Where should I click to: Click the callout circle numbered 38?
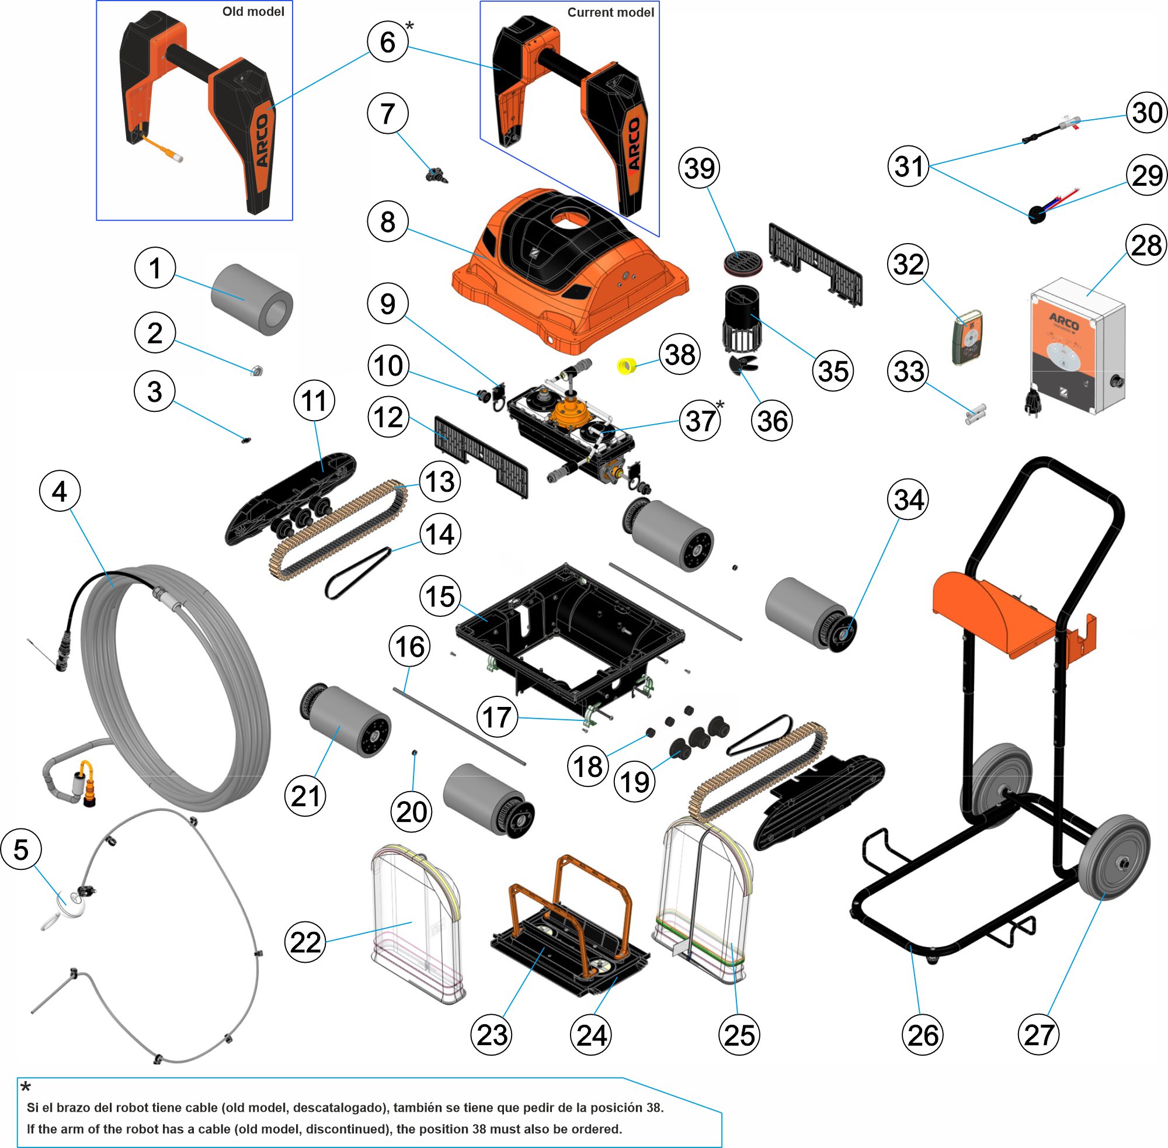[x=680, y=355]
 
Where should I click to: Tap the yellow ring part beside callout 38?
[x=627, y=365]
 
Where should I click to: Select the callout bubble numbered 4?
[x=60, y=491]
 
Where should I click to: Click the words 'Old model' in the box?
[x=252, y=12]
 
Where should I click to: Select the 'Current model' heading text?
[x=610, y=13]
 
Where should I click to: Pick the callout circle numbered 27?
[x=1038, y=1035]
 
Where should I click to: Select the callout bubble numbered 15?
[x=440, y=596]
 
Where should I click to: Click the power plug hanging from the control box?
[x=1033, y=401]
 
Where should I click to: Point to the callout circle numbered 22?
[x=305, y=942]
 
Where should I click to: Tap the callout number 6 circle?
[x=388, y=41]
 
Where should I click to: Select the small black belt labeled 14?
[x=357, y=569]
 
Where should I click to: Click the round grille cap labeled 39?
[x=742, y=262]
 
